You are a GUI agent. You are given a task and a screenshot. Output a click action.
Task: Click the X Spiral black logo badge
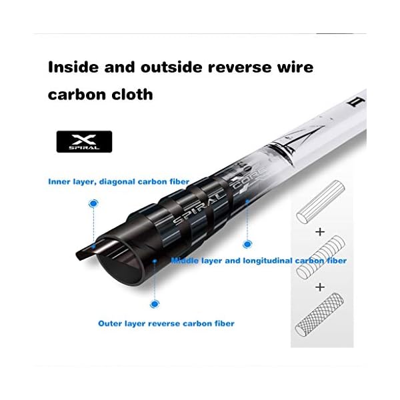[84, 141]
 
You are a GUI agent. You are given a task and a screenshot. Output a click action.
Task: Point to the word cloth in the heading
[129, 95]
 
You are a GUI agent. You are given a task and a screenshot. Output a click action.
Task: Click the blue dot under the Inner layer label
[94, 202]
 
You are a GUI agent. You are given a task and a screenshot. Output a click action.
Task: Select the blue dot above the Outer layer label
[155, 304]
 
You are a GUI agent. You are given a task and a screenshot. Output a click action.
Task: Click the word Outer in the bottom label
[111, 323]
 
